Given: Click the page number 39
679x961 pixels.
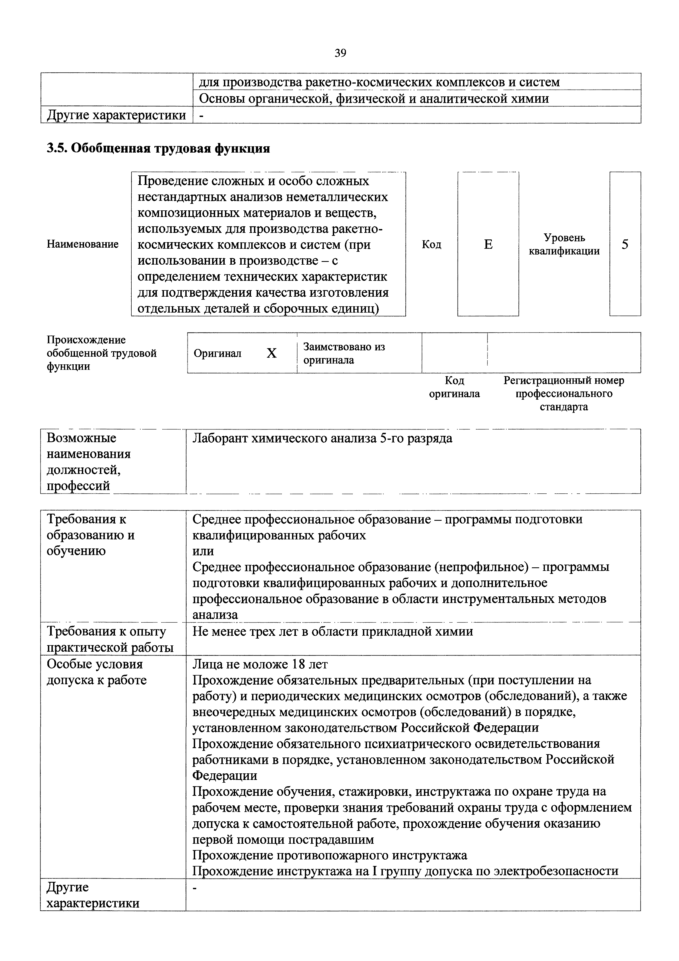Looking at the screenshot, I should (x=340, y=53).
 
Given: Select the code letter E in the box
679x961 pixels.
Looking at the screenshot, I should (x=488, y=244).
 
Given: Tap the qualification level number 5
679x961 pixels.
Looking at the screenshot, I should (x=625, y=244).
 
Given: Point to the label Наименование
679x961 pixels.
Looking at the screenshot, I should (x=83, y=244).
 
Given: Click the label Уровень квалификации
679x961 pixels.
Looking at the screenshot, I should (x=564, y=244).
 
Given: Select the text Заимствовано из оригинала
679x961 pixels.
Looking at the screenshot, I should (x=344, y=353).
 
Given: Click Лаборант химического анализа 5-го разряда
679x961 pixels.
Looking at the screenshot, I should (x=322, y=438).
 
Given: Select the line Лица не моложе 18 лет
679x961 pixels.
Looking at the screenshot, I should (x=260, y=664).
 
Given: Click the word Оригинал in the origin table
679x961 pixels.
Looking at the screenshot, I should (x=217, y=354).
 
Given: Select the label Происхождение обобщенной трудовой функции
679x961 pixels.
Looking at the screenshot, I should (x=102, y=353).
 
